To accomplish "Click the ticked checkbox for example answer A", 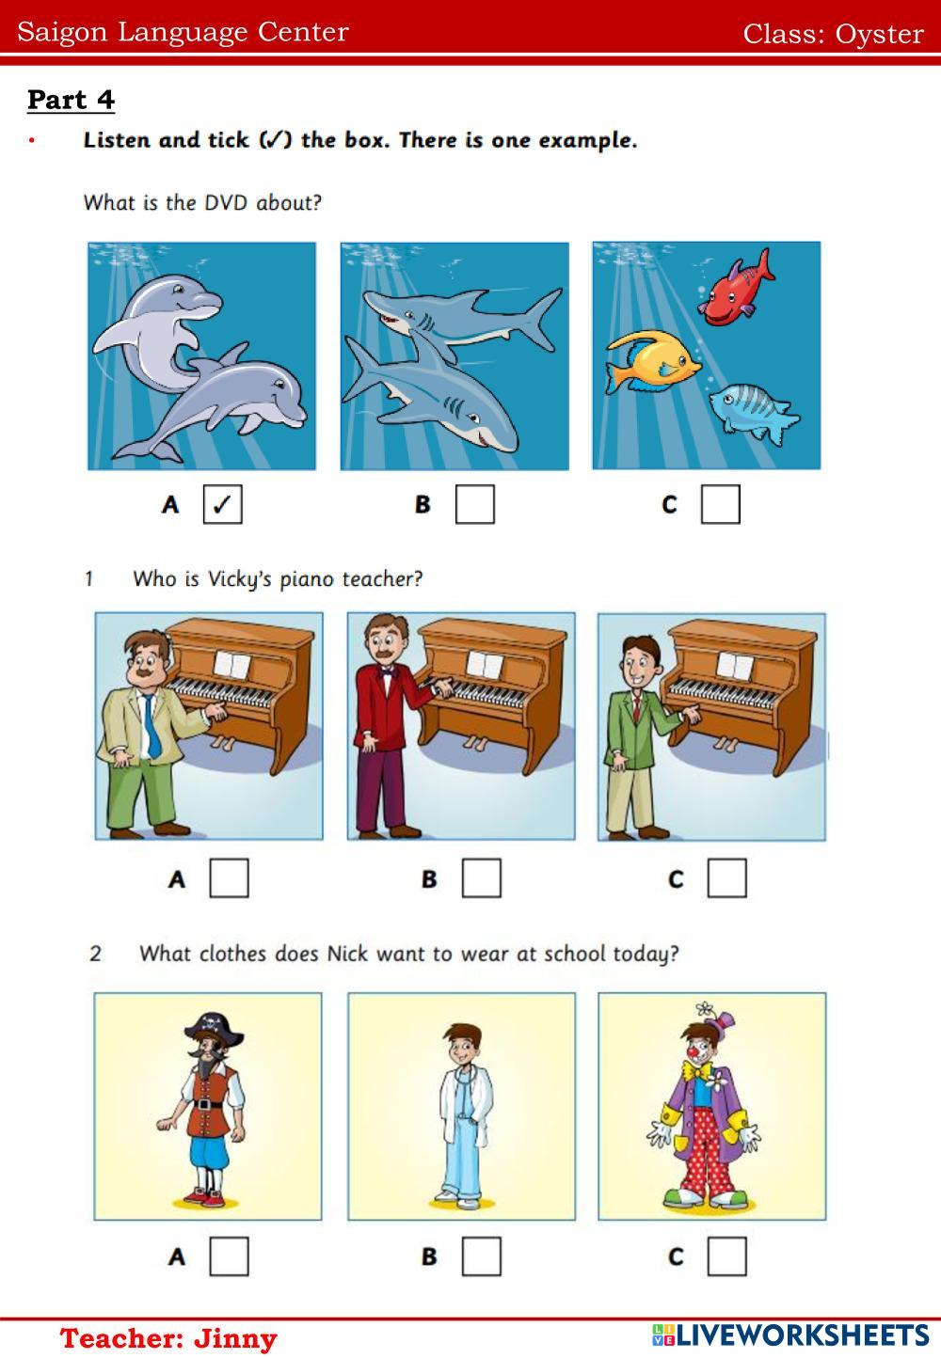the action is pos(223,504).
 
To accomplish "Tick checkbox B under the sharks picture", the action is pos(475,504).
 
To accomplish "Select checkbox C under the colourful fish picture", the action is pos(721,504).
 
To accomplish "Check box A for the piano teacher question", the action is pos(230,877).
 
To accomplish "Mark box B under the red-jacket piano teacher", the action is pos(482,877).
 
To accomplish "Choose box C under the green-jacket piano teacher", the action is pos(727,877).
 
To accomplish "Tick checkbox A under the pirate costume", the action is pos(230,1256).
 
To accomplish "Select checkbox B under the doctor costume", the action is pos(482,1256).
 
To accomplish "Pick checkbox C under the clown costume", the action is pos(727,1256).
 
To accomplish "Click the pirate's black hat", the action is pos(214,1026).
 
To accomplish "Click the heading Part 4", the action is pos(71,100).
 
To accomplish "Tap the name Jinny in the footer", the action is pos(235,1338).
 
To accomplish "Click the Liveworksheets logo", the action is pos(790,1335).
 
